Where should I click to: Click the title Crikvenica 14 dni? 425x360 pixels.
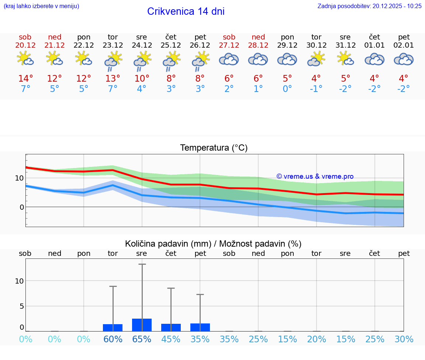186,11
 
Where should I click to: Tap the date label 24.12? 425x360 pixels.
142,45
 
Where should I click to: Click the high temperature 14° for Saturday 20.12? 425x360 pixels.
25,79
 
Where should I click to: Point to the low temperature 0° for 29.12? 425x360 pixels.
287,89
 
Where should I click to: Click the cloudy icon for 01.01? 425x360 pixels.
374,59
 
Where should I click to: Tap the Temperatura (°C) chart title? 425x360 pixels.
214,148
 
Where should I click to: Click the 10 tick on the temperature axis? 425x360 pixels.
19,178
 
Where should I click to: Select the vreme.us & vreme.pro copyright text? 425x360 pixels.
315,176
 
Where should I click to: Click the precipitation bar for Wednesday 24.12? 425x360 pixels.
142,325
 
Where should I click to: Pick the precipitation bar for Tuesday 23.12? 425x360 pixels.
113,328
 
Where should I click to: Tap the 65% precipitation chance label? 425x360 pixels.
142,339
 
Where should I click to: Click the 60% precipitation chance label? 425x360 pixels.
113,339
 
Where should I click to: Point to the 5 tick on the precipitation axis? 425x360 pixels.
21,306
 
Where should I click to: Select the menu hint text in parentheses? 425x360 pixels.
41,6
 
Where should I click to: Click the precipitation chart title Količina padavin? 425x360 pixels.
213,244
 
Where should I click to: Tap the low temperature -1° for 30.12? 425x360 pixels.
316,89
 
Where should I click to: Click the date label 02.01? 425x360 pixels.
404,45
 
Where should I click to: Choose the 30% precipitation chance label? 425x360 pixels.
404,339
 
